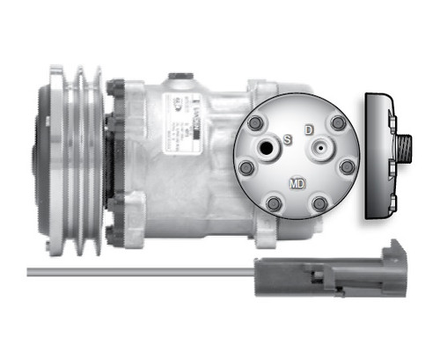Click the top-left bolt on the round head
256,123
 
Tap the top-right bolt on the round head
338,124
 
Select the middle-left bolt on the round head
246,166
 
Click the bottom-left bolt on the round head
275,205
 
